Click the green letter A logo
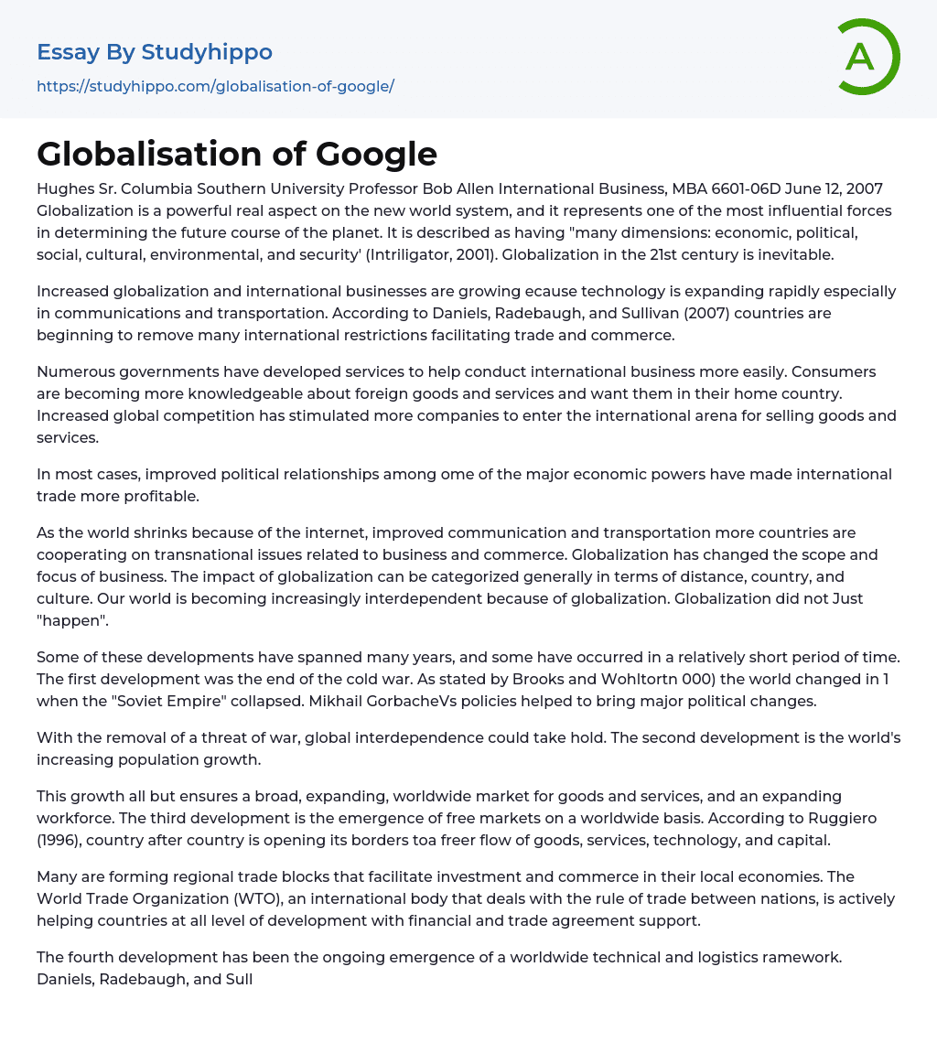tap(867, 57)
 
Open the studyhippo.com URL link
tap(215, 86)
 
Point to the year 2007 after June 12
tap(864, 189)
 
